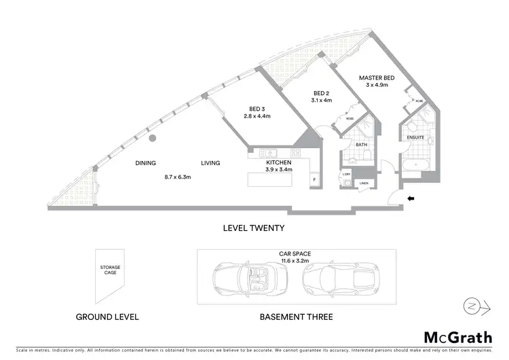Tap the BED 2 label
pyautogui.click(x=321, y=93)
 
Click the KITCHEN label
pyautogui.click(x=279, y=163)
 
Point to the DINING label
pyautogui.click(x=145, y=163)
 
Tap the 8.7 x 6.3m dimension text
pyautogui.click(x=178, y=177)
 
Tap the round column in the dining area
pyautogui.click(x=154, y=138)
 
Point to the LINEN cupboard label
pyautogui.click(x=364, y=183)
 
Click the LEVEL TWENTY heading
pyautogui.click(x=254, y=228)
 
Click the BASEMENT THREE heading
pyautogui.click(x=297, y=317)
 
